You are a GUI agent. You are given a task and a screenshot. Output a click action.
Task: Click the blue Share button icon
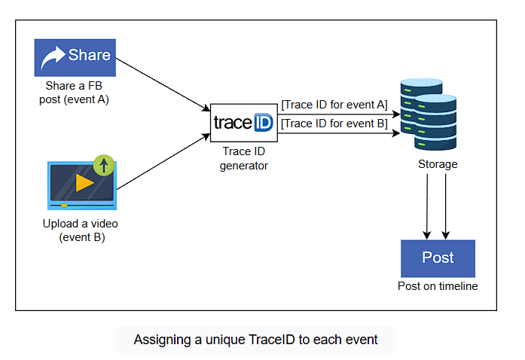(75, 57)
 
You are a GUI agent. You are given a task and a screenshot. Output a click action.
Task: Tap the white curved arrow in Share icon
(53, 57)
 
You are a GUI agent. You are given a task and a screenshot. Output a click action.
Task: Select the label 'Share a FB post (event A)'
(74, 93)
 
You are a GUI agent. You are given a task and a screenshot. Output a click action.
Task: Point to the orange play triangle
(84, 183)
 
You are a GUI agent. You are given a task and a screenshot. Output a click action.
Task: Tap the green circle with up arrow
(104, 165)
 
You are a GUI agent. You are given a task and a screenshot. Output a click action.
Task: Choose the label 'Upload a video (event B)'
(81, 230)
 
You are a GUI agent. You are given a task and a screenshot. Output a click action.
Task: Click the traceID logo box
(244, 123)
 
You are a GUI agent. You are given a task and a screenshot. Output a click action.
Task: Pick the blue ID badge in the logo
(264, 122)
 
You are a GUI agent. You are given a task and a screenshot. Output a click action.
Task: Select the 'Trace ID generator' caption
(244, 158)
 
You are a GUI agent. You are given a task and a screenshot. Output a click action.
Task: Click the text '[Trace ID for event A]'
(334, 105)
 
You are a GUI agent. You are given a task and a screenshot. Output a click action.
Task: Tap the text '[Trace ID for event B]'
(334, 124)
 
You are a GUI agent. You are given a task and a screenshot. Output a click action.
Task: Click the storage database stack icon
(429, 114)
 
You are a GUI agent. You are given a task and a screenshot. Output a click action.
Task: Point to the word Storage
(438, 164)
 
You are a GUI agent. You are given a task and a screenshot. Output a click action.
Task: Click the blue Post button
(438, 258)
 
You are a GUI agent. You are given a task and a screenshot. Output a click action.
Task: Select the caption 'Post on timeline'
(438, 286)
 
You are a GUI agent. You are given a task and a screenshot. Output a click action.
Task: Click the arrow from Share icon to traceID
(163, 84)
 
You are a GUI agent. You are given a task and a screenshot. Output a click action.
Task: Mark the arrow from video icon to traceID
(163, 161)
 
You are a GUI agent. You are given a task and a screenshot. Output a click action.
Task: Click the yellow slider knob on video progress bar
(64, 206)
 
